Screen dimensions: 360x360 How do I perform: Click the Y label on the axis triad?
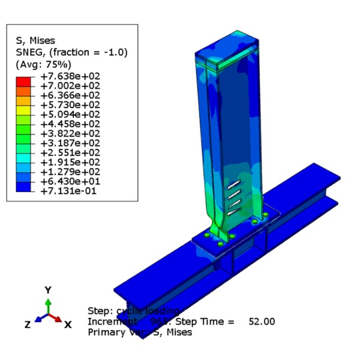pos(48,290)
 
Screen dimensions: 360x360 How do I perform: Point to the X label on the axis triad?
pos(68,324)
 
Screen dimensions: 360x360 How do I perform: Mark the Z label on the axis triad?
pos(28,324)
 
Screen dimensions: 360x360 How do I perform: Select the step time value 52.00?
pos(262,322)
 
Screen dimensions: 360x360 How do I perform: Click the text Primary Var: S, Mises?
pos(140,332)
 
